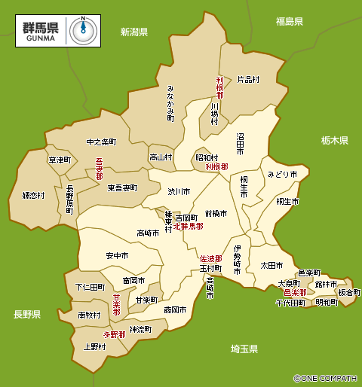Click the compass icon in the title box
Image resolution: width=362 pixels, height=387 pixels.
point(83,29)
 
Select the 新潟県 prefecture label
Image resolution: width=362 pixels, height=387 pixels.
point(134,32)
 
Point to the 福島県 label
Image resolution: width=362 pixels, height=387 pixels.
point(289,22)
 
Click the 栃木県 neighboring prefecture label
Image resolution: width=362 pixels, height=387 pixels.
point(334,140)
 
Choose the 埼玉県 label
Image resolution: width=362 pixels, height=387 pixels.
point(244,349)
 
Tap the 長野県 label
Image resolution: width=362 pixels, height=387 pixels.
point(26,314)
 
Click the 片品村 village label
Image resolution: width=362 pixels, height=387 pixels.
point(248,78)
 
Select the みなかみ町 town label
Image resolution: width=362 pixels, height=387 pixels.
point(170,103)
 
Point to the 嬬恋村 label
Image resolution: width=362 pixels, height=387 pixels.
point(33,195)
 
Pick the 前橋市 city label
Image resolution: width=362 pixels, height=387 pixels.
point(216,213)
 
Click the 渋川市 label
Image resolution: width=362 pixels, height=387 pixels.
point(178,191)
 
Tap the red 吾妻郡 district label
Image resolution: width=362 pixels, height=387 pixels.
point(99,169)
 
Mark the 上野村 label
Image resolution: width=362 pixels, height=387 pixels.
point(94,347)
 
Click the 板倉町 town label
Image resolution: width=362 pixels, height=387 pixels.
point(348,292)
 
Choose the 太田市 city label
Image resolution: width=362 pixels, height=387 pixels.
point(271,265)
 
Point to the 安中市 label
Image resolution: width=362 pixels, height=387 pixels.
point(117,256)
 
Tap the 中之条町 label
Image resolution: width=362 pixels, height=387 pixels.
point(101,142)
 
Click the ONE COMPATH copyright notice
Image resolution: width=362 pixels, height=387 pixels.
point(326,379)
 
